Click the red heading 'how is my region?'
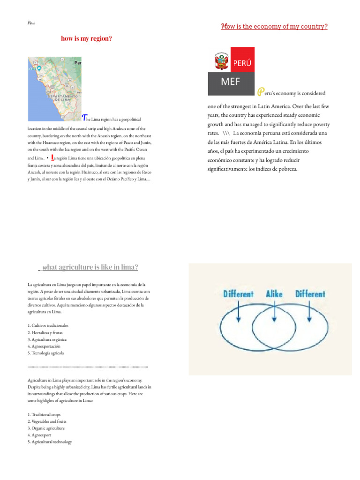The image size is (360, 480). pyautogui.click(x=86, y=38)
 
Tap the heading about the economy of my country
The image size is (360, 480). pyautogui.click(x=274, y=27)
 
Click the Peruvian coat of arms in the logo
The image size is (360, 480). pyautogui.click(x=220, y=60)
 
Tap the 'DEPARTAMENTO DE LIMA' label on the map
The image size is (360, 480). pyautogui.click(x=61, y=97)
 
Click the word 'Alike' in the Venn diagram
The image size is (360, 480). pyautogui.click(x=274, y=294)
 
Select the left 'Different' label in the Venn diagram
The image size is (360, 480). pyautogui.click(x=238, y=294)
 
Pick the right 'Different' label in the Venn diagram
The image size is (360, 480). pyautogui.click(x=310, y=294)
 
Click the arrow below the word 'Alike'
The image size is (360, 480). pyautogui.click(x=274, y=312)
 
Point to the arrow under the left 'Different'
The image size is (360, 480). pyautogui.click(x=239, y=312)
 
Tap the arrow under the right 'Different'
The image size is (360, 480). pyautogui.click(x=310, y=312)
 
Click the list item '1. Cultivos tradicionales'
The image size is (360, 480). pyautogui.click(x=48, y=325)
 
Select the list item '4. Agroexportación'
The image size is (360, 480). pyautogui.click(x=45, y=346)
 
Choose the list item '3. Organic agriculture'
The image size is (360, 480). pyautogui.click(x=46, y=428)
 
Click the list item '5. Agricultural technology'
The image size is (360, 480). pyautogui.click(x=50, y=442)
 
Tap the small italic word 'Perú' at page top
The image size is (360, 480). pyautogui.click(x=31, y=23)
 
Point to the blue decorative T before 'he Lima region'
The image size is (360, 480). pyautogui.click(x=84, y=117)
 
